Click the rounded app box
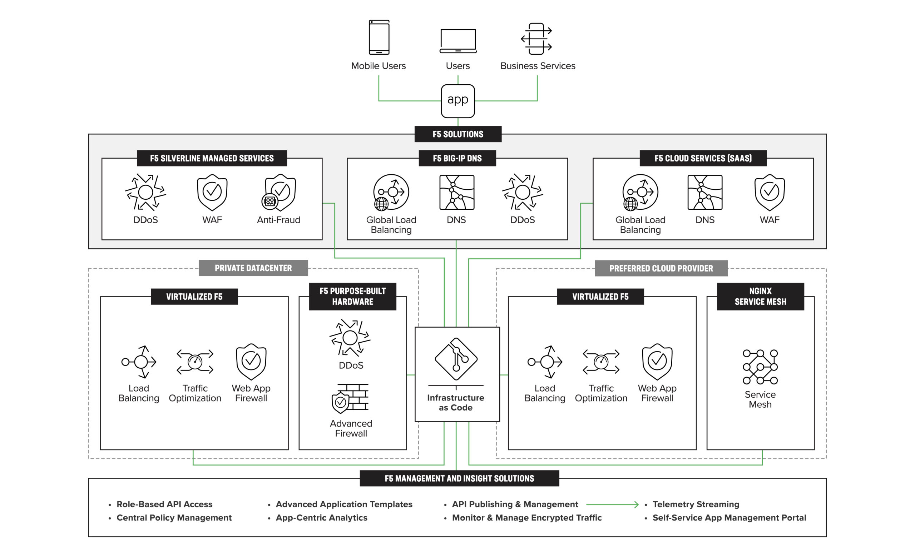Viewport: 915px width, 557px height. [x=457, y=101]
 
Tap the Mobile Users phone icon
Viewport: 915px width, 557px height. [x=379, y=37]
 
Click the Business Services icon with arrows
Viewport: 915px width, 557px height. [x=536, y=39]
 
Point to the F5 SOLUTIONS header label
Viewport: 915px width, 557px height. [x=457, y=134]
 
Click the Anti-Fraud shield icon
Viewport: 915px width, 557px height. [x=279, y=192]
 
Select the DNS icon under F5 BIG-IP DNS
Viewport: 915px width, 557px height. [x=456, y=192]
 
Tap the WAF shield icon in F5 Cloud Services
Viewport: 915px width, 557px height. [x=769, y=192]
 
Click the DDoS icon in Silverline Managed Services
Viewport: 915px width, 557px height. [x=145, y=192]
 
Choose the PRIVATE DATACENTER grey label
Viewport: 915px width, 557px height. [x=253, y=268]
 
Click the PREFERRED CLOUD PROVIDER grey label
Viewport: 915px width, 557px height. [x=661, y=268]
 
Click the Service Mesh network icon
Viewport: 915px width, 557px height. [x=760, y=367]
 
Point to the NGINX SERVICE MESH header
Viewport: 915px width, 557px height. [x=760, y=296]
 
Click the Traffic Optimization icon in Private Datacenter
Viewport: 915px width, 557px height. [x=194, y=362]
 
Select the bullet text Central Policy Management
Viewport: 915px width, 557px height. [x=174, y=518]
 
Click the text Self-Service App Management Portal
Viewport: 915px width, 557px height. [x=729, y=518]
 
